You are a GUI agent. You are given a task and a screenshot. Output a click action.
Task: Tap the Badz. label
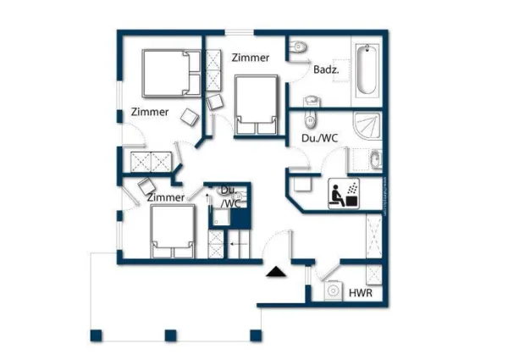pyautogui.click(x=326, y=70)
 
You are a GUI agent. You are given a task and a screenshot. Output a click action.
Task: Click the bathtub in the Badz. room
pyautogui.click(x=367, y=70)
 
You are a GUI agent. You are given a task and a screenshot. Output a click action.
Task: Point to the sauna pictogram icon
pyautogui.click(x=345, y=193)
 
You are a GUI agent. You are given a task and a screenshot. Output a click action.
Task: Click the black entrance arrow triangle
pyautogui.click(x=275, y=272)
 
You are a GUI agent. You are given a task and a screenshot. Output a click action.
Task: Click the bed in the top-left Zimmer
pyautogui.click(x=165, y=73)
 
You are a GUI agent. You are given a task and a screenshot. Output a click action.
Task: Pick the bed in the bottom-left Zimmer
pyautogui.click(x=173, y=230)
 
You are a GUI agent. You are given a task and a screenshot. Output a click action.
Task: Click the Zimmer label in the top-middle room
pyautogui.click(x=251, y=58)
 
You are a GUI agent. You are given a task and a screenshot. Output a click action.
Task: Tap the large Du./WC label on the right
pyautogui.click(x=321, y=137)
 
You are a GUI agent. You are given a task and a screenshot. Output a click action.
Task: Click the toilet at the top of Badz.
pyautogui.click(x=298, y=50)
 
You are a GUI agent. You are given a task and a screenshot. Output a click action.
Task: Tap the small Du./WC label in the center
pyautogui.click(x=229, y=197)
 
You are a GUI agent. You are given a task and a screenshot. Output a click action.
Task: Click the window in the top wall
pyautogui.click(x=239, y=32)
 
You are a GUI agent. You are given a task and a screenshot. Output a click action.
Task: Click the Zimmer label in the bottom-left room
pyautogui.click(x=166, y=197)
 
